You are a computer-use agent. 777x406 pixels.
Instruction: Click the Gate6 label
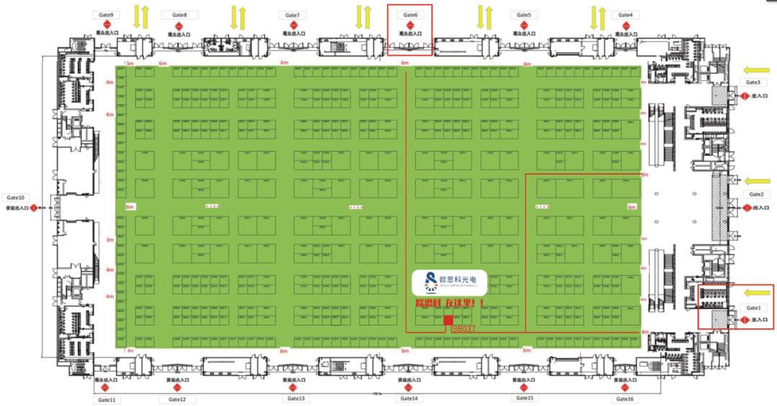tap(410, 14)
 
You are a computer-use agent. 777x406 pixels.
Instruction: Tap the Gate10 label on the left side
tap(16, 197)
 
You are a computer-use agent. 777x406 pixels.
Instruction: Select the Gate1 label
tap(753, 307)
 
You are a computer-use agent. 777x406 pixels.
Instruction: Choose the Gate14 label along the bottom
tap(409, 398)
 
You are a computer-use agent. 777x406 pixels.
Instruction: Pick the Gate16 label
tap(624, 399)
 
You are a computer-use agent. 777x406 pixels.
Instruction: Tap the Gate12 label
tap(177, 399)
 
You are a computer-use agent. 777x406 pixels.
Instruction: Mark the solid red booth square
tap(447, 320)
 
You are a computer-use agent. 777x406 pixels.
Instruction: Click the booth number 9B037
tap(464, 329)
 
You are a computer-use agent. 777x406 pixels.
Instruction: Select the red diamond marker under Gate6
tap(410, 24)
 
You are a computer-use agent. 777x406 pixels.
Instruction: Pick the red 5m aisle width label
tap(645, 175)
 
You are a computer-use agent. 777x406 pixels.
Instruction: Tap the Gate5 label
tap(524, 14)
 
